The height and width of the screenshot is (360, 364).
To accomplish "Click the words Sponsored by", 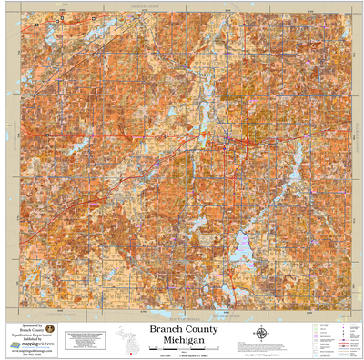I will pyautogui.click(x=31, y=324).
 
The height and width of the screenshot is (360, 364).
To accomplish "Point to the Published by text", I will pyautogui.click(x=31, y=339).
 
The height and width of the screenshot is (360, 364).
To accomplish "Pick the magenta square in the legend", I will pyautogui.click(x=342, y=325).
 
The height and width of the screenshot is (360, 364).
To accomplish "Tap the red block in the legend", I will pyautogui.click(x=343, y=343).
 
